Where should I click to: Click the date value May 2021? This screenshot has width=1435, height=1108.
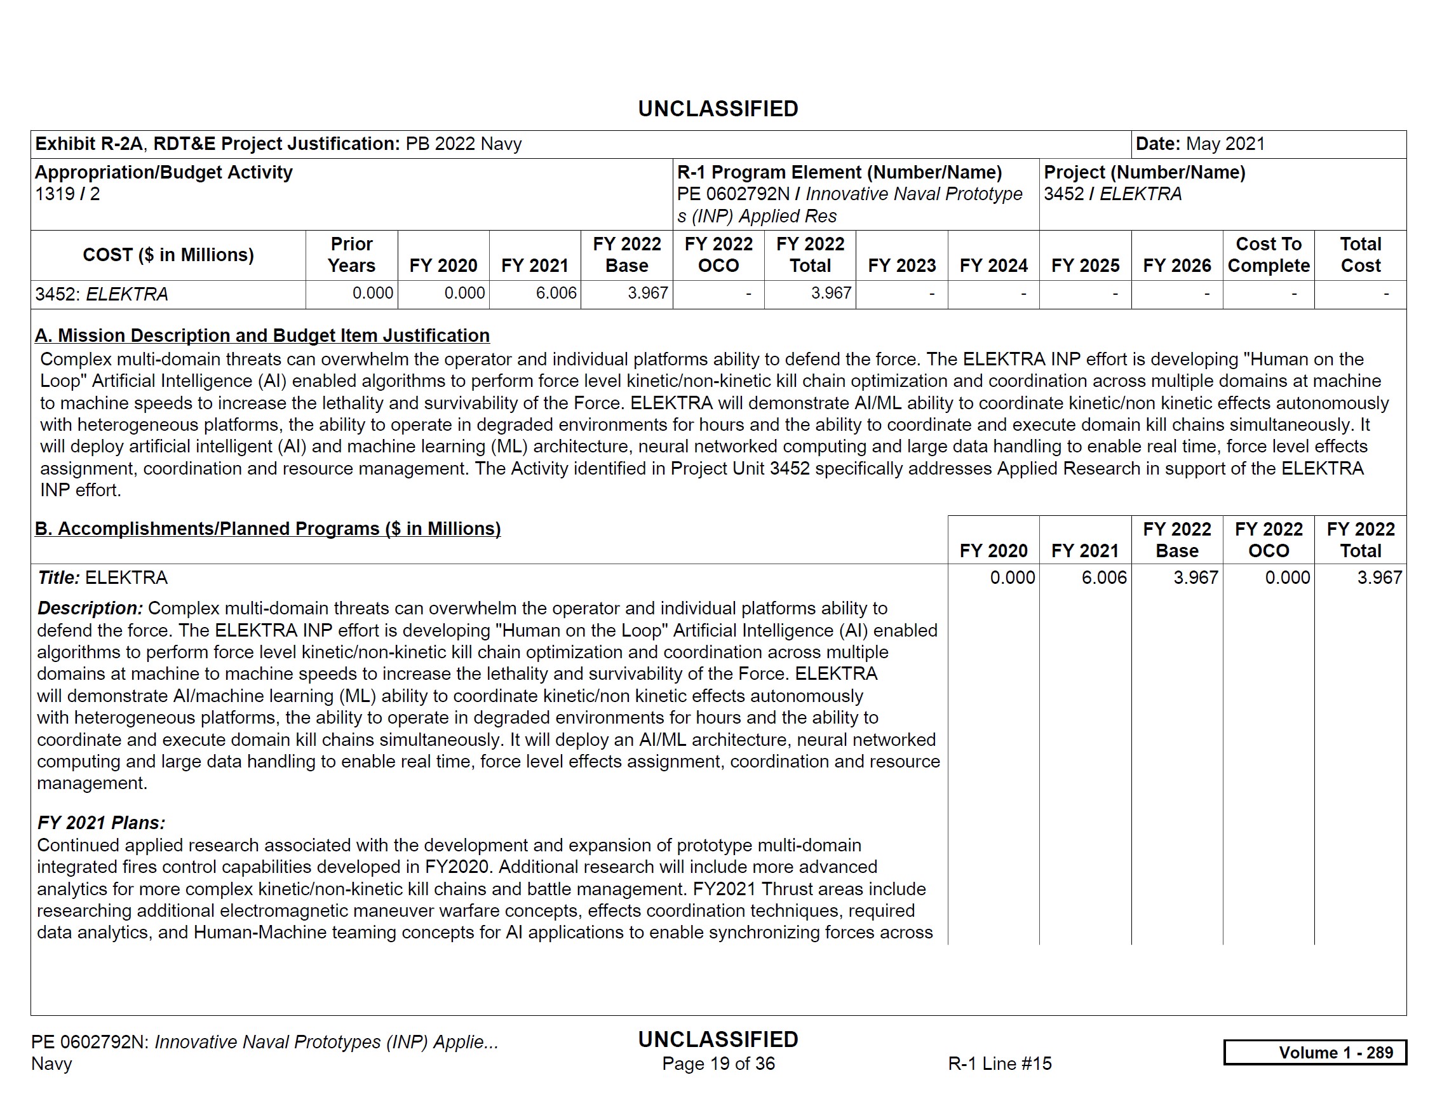[1225, 144]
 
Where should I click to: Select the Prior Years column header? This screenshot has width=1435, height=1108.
[351, 255]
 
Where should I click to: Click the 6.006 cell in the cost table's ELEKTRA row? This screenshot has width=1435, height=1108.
[556, 293]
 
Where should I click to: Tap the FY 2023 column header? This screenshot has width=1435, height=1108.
[901, 266]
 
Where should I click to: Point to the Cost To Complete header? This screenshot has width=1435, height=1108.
[1268, 255]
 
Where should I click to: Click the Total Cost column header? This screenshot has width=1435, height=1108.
[1360, 255]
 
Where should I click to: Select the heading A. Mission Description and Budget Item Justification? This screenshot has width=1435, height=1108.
[262, 336]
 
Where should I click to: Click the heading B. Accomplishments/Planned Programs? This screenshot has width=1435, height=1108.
[267, 529]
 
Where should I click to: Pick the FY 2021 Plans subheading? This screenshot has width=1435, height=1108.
[101, 823]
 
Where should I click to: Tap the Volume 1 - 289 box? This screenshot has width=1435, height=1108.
[1315, 1052]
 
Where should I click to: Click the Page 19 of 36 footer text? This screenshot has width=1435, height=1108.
[718, 1064]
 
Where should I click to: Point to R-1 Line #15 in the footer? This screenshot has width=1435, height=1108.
[999, 1064]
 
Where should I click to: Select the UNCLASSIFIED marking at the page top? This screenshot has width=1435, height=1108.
[718, 109]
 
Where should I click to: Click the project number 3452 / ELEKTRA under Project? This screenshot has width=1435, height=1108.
[1112, 194]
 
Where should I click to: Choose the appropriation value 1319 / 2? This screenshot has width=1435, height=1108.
[67, 194]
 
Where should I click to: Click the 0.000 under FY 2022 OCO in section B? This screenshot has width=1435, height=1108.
[1287, 578]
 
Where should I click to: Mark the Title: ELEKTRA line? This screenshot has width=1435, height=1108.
[102, 578]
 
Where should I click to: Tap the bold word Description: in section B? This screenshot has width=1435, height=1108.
[90, 609]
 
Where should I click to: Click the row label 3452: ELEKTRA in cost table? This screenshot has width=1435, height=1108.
[102, 294]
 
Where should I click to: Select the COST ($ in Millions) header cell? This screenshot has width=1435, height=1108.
[168, 255]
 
